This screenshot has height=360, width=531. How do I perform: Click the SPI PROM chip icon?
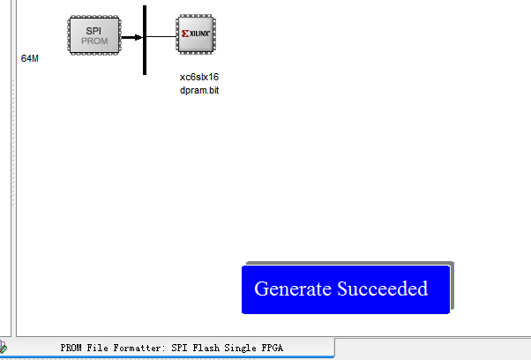(93, 35)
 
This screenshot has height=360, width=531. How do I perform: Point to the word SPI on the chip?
(93, 30)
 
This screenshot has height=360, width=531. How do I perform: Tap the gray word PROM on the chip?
(93, 41)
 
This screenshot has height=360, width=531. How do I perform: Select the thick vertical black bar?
(144, 40)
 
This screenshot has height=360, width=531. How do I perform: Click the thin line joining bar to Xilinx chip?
(161, 37)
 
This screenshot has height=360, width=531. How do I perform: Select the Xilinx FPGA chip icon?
(198, 35)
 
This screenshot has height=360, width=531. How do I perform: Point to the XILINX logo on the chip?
(198, 34)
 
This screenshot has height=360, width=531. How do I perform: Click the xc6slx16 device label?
(198, 77)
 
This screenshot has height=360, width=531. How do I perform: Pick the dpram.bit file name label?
(198, 90)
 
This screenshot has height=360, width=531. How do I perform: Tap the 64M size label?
(30, 58)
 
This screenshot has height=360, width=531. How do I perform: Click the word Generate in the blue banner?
(293, 289)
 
